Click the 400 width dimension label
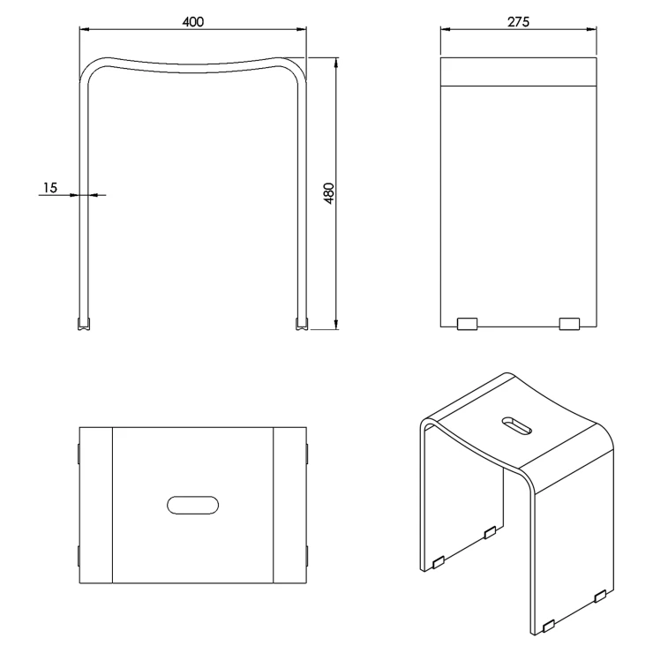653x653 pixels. pos(193,22)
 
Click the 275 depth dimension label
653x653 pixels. pos(518,22)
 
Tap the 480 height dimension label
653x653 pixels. pos(329,193)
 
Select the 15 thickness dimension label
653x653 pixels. pos(49,188)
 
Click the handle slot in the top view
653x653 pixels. pos(193,505)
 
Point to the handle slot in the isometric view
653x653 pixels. pos(517,426)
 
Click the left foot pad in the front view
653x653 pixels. pos(84,324)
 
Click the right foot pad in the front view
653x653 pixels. pos(303,324)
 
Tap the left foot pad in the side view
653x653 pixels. pos(468,324)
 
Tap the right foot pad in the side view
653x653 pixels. pos(569,324)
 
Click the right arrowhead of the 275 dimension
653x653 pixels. pos(591,29)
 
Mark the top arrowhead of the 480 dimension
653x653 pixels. pos(336,63)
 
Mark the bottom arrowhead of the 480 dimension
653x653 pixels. pos(336,325)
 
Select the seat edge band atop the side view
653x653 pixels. pos(519,72)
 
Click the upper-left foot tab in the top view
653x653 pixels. pos(79,453)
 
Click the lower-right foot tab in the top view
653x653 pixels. pos(307,556)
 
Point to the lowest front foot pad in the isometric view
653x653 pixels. pos(549,625)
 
